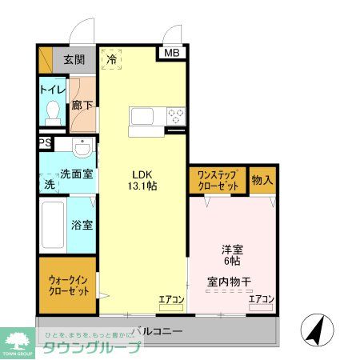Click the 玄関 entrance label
click(76, 58)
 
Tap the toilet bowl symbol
click(54, 111)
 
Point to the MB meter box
click(173, 54)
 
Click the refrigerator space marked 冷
click(112, 58)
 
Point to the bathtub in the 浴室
click(54, 225)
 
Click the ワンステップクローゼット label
click(218, 179)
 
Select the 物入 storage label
click(262, 179)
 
